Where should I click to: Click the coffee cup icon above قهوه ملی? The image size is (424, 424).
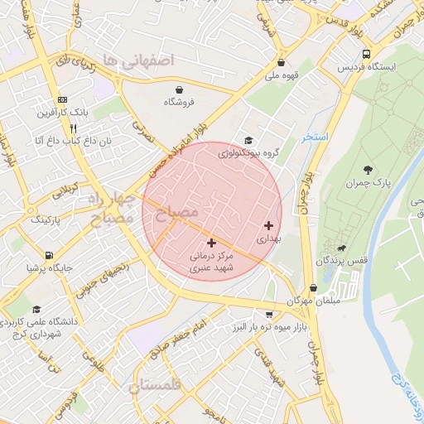[x=282, y=62]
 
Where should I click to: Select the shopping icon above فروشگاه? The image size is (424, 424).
[x=180, y=89]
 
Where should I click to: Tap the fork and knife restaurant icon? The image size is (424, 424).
[x=73, y=128]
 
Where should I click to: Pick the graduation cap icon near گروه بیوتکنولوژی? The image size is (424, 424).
[x=248, y=140]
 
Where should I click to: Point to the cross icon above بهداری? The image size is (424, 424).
[x=267, y=225]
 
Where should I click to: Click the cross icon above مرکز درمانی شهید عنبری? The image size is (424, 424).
[x=211, y=243]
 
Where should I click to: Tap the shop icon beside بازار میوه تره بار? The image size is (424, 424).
[x=270, y=315]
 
